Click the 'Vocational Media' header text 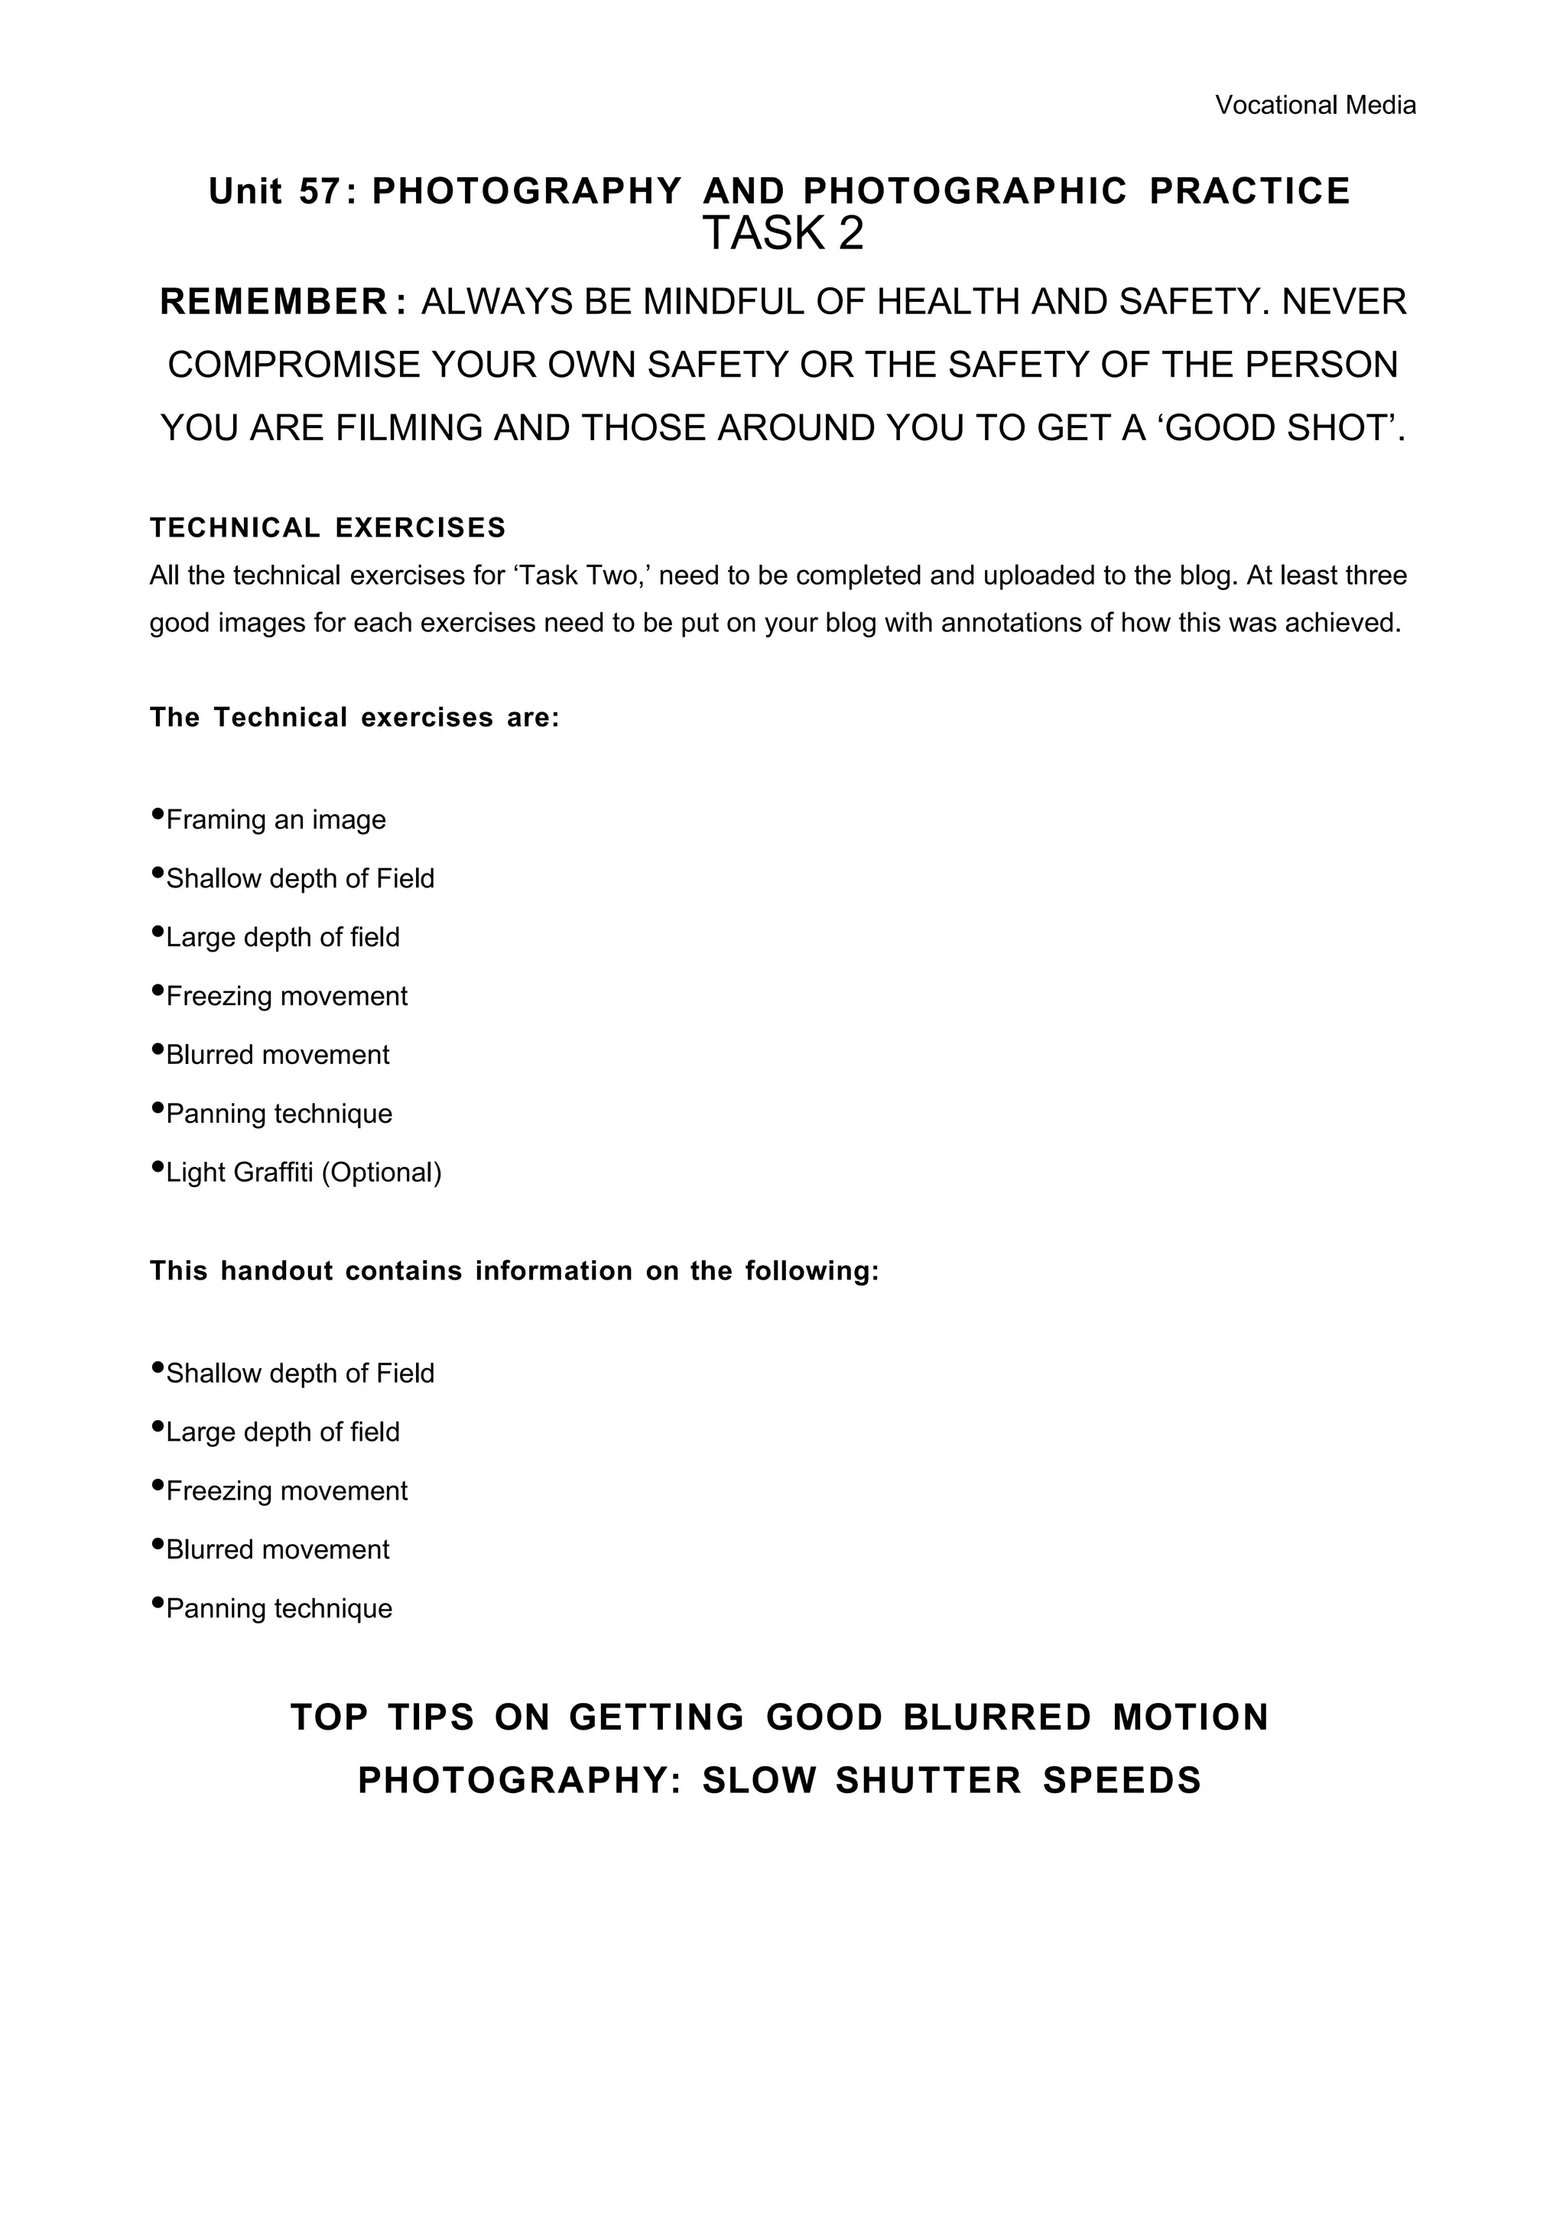tap(1315, 105)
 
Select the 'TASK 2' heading tap(782, 233)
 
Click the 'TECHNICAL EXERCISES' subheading tap(328, 527)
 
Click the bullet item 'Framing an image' tap(276, 820)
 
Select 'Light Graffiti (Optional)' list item tap(303, 1172)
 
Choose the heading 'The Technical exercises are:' tap(354, 718)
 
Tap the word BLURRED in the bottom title tap(997, 1717)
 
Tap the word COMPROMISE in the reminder tap(294, 365)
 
